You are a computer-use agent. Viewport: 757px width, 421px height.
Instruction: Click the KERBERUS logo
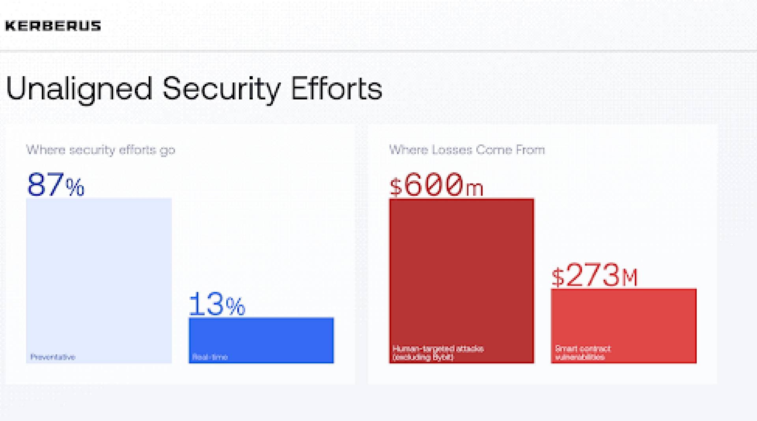pos(53,26)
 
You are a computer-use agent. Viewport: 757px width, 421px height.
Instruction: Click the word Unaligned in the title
pos(79,88)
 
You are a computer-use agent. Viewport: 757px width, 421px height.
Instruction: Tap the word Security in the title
pos(221,88)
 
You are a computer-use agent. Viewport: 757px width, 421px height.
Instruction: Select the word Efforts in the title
pos(336,88)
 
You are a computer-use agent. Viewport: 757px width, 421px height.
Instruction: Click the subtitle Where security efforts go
pos(101,150)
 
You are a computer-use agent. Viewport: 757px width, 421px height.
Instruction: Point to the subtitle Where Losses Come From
pos(467,150)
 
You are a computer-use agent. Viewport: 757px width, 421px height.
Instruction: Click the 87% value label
pos(56,185)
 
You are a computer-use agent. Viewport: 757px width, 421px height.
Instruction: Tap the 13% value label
pos(217,305)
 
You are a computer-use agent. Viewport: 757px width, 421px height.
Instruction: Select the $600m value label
pos(436,185)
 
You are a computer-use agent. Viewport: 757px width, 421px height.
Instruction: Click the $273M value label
pos(594,275)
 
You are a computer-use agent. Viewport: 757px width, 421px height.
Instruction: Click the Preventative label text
pos(53,357)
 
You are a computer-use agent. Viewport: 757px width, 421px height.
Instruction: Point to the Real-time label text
pos(210,357)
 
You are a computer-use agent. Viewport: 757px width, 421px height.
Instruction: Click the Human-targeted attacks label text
pos(438,353)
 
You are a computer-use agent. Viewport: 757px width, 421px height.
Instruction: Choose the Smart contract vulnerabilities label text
pos(582,353)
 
